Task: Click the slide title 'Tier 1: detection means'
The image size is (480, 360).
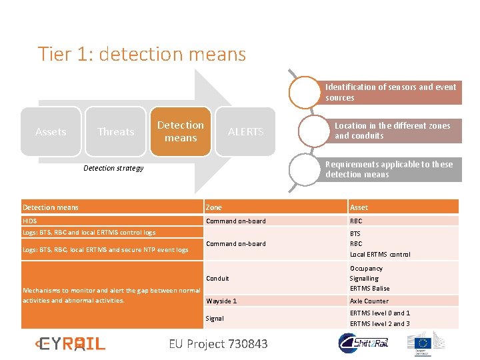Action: pyautogui.click(x=142, y=54)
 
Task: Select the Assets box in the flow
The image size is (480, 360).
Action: pyautogui.click(x=51, y=131)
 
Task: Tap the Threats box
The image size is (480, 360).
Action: pyautogui.click(x=116, y=131)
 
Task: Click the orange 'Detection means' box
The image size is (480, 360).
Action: pyautogui.click(x=181, y=131)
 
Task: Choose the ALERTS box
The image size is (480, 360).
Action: pyautogui.click(x=246, y=131)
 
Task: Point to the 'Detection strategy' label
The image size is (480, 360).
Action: pyautogui.click(x=113, y=168)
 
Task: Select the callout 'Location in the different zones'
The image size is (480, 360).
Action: pyautogui.click(x=392, y=131)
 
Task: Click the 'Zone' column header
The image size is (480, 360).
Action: pyautogui.click(x=214, y=207)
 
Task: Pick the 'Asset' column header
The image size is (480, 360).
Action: pyautogui.click(x=359, y=207)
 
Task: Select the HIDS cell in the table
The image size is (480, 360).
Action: pyautogui.click(x=30, y=221)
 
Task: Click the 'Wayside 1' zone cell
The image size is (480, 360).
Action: pyautogui.click(x=221, y=301)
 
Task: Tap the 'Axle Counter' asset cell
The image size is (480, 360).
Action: pyautogui.click(x=369, y=301)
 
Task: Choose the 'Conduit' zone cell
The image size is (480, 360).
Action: pyautogui.click(x=217, y=278)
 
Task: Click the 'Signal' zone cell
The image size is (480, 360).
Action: pyautogui.click(x=215, y=318)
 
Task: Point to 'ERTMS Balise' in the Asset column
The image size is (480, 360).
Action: pyautogui.click(x=369, y=288)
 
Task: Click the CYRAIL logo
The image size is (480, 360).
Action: pyautogui.click(x=71, y=343)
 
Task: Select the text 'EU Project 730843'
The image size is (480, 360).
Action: pyautogui.click(x=218, y=343)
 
